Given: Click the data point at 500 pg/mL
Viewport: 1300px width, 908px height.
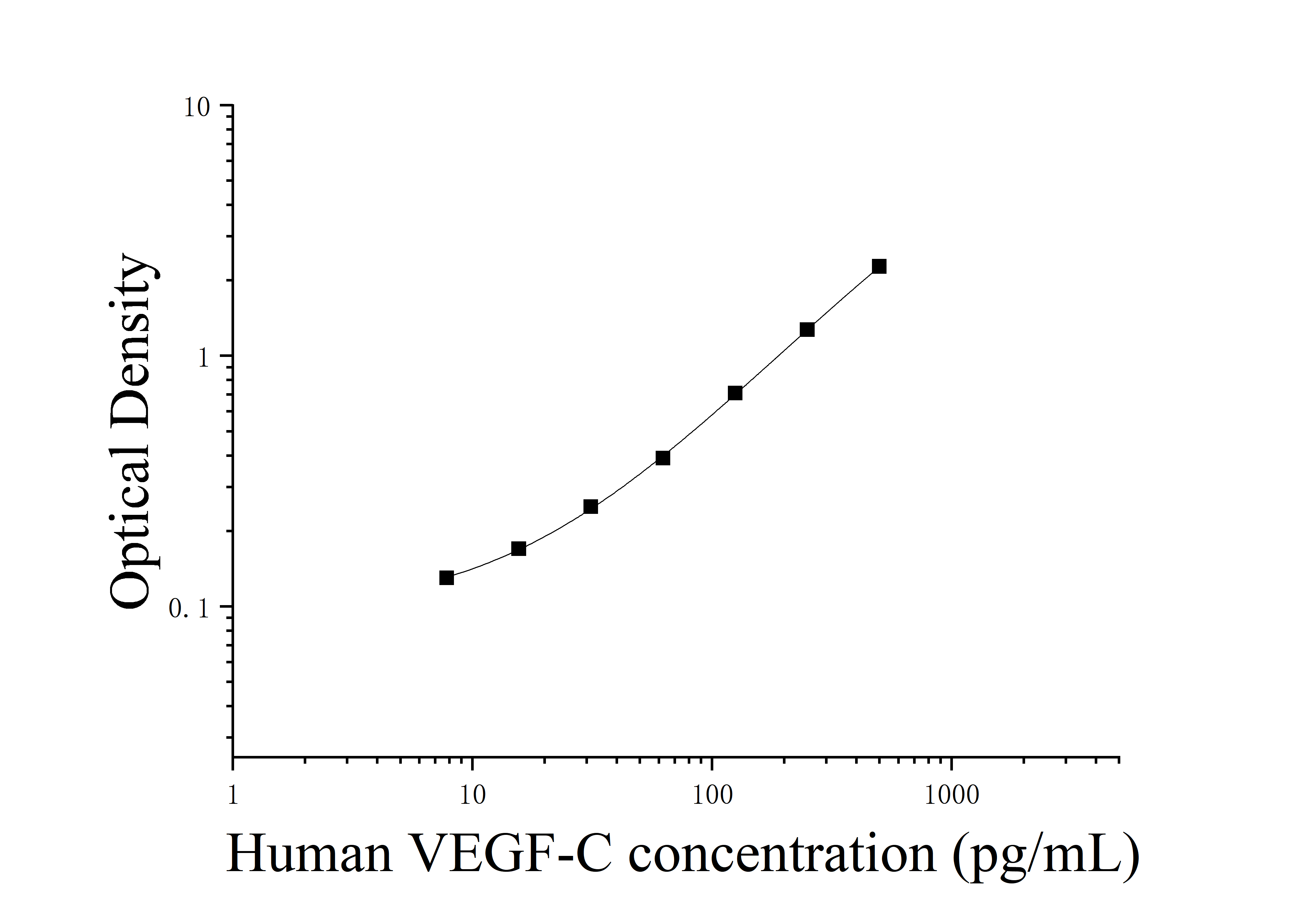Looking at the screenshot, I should click(879, 266).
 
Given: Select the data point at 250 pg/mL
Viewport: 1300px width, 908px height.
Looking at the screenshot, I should click(807, 330).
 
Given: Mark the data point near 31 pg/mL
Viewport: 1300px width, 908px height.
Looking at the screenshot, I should click(591, 507).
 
